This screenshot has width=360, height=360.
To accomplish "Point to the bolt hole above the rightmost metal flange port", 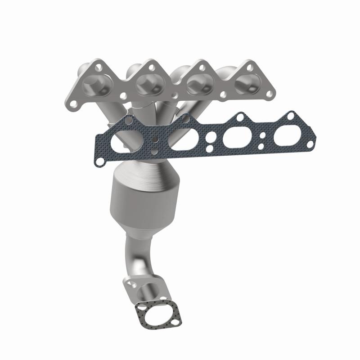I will click(248, 66).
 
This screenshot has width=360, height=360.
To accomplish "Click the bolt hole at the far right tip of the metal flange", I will click(270, 94).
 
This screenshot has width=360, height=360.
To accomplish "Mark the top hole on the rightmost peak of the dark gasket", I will click(291, 116).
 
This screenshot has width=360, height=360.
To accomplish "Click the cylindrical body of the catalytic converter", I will click(144, 202).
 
